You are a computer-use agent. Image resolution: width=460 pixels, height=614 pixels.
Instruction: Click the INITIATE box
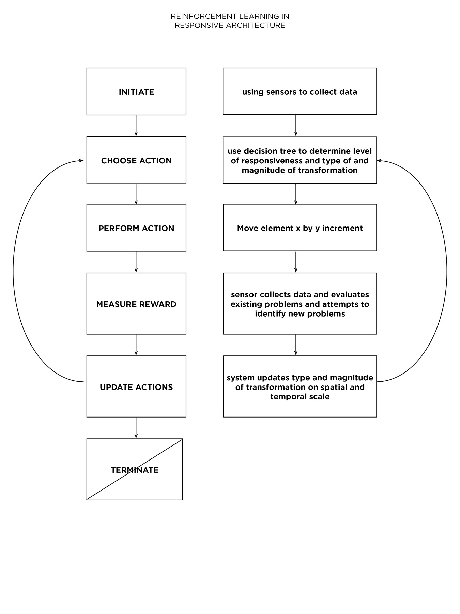point(136,91)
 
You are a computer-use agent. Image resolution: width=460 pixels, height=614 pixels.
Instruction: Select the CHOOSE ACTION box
point(136,160)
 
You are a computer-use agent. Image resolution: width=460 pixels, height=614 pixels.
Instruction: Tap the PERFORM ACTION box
point(136,228)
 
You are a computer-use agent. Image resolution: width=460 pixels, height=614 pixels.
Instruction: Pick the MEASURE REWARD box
point(136,304)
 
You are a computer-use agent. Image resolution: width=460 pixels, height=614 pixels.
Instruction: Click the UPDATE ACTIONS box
point(136,386)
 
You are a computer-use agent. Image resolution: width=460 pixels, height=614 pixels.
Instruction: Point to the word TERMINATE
point(135,470)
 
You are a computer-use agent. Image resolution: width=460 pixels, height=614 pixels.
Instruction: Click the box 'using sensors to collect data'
point(300,91)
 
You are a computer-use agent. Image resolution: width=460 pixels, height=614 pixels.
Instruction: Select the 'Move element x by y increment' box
point(300,228)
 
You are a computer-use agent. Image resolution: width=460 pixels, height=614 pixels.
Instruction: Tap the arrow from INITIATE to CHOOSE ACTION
point(136,126)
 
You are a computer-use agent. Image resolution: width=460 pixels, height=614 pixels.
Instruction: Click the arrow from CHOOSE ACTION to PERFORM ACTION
point(136,194)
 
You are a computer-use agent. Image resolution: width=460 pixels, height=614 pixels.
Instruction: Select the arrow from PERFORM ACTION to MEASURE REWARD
point(136,262)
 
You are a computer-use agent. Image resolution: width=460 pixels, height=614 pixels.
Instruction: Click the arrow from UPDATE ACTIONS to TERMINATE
point(136,428)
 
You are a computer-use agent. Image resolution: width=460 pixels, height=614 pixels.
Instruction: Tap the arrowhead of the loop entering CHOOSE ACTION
point(81,161)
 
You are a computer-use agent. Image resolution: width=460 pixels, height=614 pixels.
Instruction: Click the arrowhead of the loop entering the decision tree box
point(379,161)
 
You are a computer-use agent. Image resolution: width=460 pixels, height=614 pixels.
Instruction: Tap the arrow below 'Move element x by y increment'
point(296,262)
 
